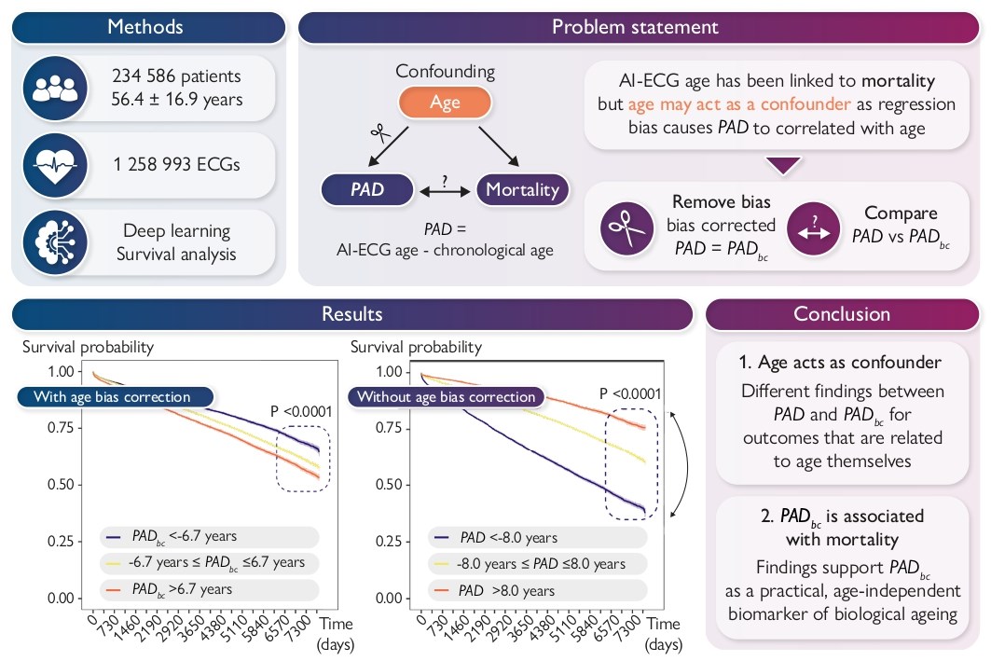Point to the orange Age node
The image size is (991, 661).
[445, 103]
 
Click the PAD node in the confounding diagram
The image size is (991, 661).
[367, 190]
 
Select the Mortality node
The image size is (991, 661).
[522, 190]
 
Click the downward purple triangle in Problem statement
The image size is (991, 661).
[781, 165]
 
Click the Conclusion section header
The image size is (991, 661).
[842, 314]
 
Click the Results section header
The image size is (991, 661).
[351, 314]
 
